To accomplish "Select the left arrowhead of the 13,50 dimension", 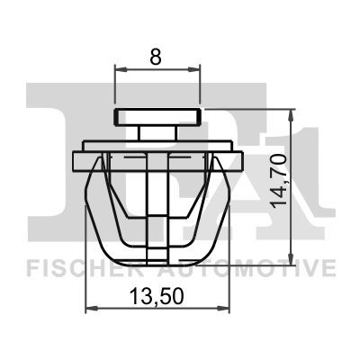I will [89, 310].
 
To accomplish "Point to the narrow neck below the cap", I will [158, 132].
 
